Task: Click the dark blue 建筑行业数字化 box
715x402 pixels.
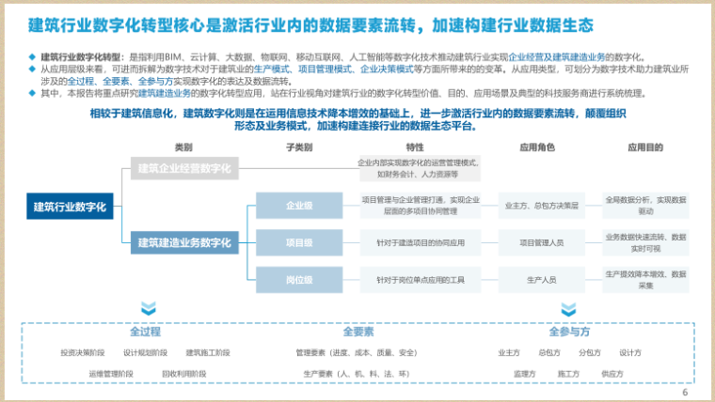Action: tap(70, 207)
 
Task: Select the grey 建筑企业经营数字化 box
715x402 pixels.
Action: tap(183, 168)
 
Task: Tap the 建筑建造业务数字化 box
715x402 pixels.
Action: tap(183, 242)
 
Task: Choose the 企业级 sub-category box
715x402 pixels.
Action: tap(299, 205)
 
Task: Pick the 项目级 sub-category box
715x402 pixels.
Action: tap(299, 242)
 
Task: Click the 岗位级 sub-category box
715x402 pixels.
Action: tap(299, 279)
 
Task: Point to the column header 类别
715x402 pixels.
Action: tap(183, 147)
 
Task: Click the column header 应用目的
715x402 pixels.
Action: tap(645, 147)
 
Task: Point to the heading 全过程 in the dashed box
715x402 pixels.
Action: tap(145, 332)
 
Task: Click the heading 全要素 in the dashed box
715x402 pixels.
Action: tap(358, 332)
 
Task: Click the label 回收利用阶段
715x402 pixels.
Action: tap(183, 373)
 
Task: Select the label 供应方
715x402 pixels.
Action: tap(612, 373)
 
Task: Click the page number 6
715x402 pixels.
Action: tap(685, 393)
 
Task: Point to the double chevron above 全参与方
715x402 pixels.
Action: tap(569, 308)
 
